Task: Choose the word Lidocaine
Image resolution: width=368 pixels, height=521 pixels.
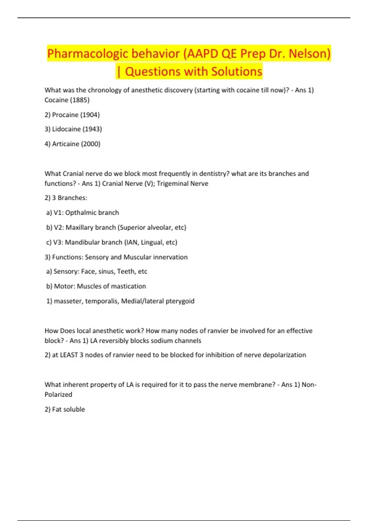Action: (66, 129)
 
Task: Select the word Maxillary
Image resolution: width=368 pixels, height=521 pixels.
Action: (80, 227)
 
